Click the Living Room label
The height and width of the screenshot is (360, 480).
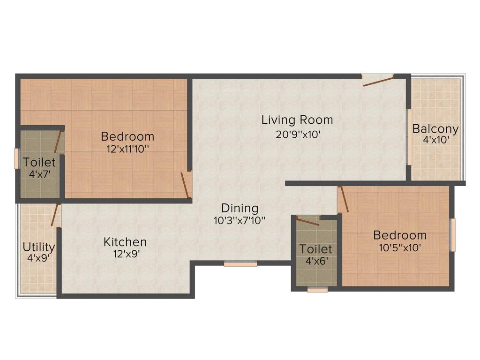click(x=297, y=120)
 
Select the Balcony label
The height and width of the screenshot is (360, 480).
click(x=435, y=129)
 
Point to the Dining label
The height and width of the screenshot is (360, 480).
click(x=240, y=208)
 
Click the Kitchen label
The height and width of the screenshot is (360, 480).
click(x=125, y=242)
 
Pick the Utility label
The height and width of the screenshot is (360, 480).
click(x=39, y=247)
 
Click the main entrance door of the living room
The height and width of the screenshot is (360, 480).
click(x=378, y=81)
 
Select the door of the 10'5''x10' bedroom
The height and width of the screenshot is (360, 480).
click(x=344, y=199)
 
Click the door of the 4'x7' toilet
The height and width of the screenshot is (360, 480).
click(x=59, y=142)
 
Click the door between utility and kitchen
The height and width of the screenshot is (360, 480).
click(x=55, y=216)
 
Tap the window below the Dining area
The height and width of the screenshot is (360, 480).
click(x=240, y=264)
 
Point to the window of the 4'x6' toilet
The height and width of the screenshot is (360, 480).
click(x=317, y=290)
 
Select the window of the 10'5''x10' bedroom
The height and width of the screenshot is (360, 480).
click(x=453, y=234)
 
